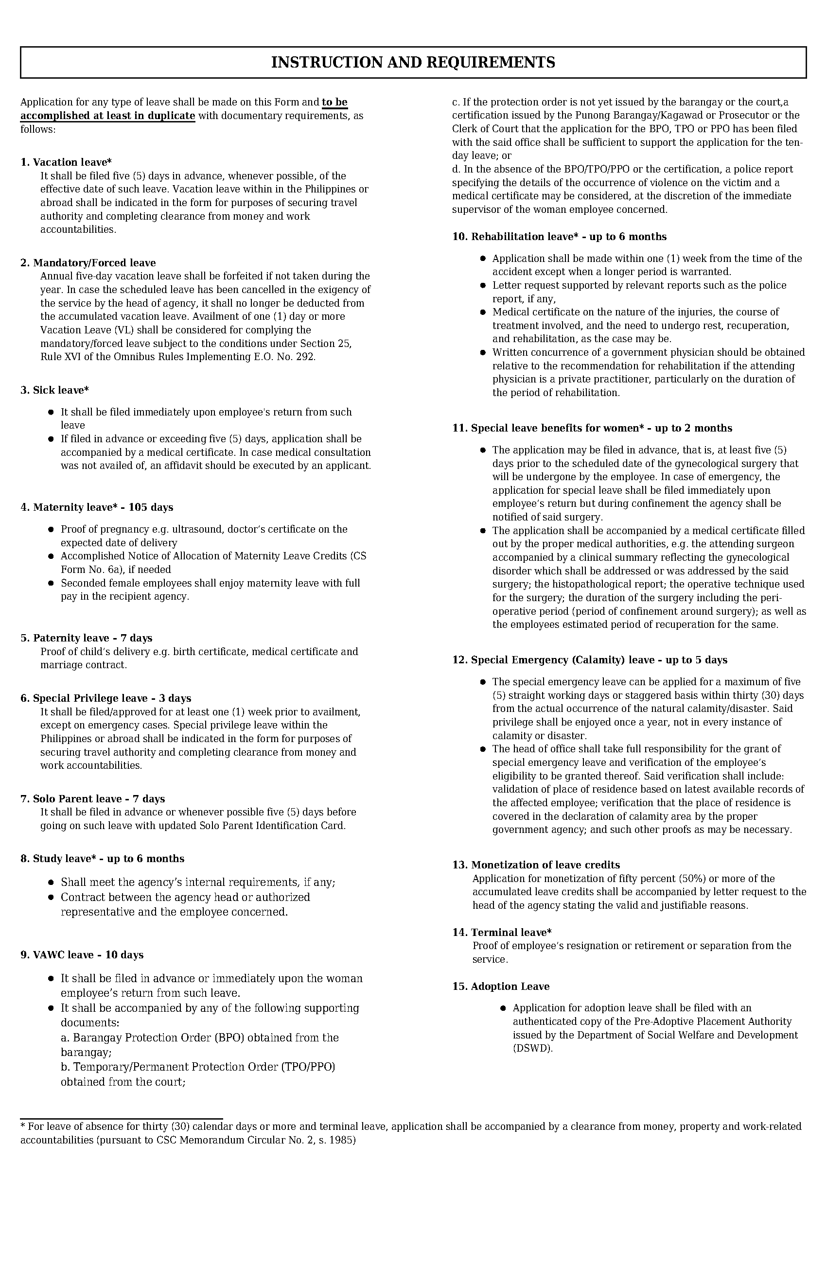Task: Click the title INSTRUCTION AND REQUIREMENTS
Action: (x=413, y=63)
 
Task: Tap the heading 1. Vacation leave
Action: (x=66, y=162)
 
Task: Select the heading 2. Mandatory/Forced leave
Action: (x=88, y=263)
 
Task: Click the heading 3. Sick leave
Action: (x=54, y=391)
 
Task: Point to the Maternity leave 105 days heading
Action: (x=97, y=508)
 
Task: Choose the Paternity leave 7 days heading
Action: (x=87, y=639)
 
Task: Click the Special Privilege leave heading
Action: (x=106, y=699)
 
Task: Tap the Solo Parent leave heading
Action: (x=92, y=799)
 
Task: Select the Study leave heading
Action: (x=103, y=859)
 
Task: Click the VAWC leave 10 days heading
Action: (x=82, y=955)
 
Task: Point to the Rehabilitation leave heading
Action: (x=559, y=237)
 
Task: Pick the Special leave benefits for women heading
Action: (x=592, y=428)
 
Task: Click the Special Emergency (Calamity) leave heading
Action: (x=589, y=660)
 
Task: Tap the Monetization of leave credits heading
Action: (x=536, y=865)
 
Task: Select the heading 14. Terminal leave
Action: (x=502, y=933)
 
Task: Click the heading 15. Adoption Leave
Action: (x=501, y=986)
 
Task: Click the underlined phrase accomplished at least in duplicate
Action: (x=108, y=116)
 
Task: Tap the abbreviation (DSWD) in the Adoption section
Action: (x=532, y=1049)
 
